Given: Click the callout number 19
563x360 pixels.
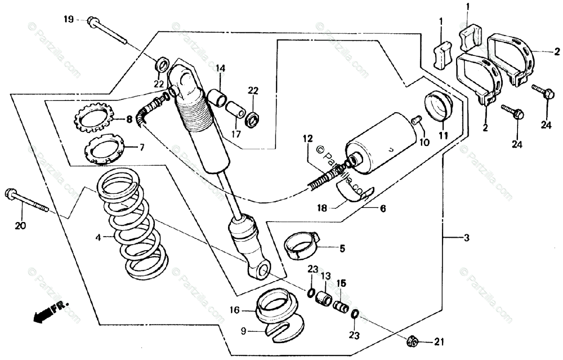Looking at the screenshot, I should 68,19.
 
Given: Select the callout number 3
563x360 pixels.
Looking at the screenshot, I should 466,238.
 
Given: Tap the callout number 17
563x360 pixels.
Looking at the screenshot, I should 235,133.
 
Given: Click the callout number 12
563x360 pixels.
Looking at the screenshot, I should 307,138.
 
